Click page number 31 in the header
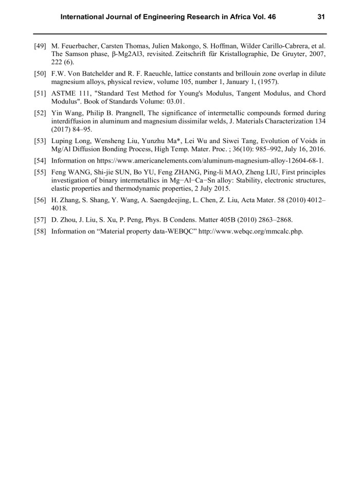coord(321,17)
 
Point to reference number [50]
coord(41,74)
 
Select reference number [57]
coord(41,220)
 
